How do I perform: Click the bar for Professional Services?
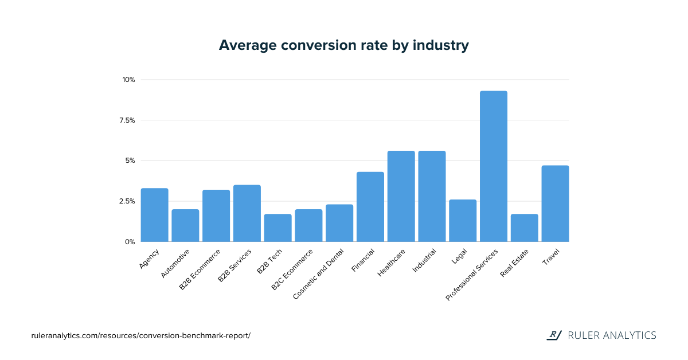[x=493, y=166]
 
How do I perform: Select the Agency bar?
[x=154, y=215]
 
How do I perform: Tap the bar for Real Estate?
[x=524, y=228]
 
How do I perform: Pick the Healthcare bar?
[x=401, y=196]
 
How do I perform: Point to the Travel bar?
[x=555, y=204]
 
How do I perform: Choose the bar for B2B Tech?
[x=277, y=228]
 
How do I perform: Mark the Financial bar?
[x=370, y=207]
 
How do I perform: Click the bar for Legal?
[x=462, y=221]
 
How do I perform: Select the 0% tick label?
[x=130, y=242]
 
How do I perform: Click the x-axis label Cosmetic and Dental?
[x=318, y=273]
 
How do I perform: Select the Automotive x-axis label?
[x=175, y=264]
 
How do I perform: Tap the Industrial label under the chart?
[x=424, y=260]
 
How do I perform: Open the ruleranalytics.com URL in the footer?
[x=140, y=335]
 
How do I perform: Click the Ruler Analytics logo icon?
[x=553, y=335]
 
